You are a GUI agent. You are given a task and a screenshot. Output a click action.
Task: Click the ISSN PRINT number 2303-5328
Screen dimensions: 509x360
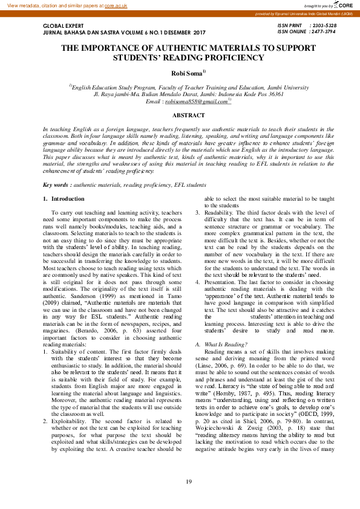(x=323, y=25)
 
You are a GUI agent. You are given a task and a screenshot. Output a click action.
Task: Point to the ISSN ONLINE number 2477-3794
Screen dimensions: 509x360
(x=323, y=31)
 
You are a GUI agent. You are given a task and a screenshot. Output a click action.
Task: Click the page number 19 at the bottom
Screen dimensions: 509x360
(x=189, y=481)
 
